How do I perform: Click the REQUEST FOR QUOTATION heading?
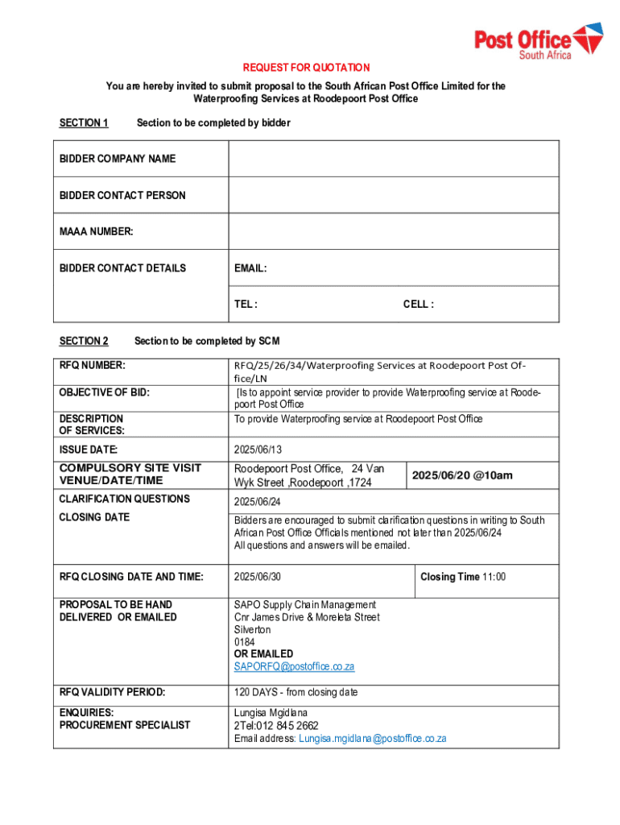tap(307, 68)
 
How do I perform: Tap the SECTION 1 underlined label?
tap(84, 122)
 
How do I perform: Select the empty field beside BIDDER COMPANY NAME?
tap(394, 159)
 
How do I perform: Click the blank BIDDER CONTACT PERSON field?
tap(394, 195)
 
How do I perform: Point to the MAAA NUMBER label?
tap(96, 232)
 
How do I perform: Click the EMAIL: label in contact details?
tap(250, 268)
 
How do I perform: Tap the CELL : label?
tap(418, 305)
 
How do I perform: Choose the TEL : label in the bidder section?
tap(246, 305)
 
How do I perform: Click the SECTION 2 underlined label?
tap(84, 341)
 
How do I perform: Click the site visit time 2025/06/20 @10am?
tap(462, 475)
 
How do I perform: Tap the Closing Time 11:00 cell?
tap(463, 577)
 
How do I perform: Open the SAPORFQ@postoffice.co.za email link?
tap(294, 667)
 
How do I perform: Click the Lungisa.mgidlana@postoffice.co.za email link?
tap(372, 738)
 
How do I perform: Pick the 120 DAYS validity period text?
tap(296, 692)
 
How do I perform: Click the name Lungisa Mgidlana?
tap(271, 713)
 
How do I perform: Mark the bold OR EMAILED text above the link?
tap(263, 654)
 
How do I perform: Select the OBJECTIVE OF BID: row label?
tap(105, 392)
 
